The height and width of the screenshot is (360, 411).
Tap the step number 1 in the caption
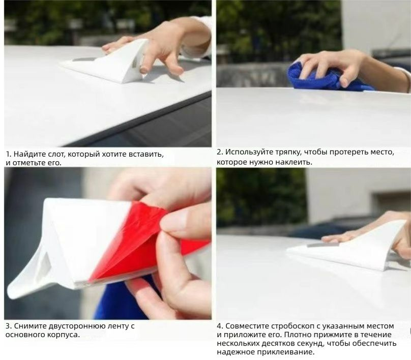(8, 154)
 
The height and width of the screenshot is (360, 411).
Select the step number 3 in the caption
(8, 326)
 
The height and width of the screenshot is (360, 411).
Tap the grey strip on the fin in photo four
(319, 245)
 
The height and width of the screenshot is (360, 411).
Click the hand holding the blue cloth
(338, 66)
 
